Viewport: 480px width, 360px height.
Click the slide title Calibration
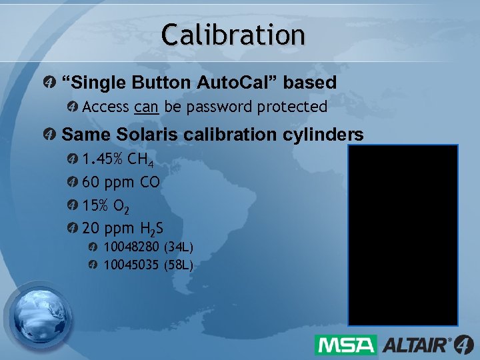(x=233, y=34)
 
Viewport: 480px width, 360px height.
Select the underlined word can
(x=145, y=107)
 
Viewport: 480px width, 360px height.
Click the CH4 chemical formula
(x=140, y=159)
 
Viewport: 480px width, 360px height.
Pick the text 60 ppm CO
(x=121, y=182)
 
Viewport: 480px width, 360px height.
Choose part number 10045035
(x=131, y=265)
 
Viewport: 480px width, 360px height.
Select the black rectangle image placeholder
(x=403, y=235)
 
